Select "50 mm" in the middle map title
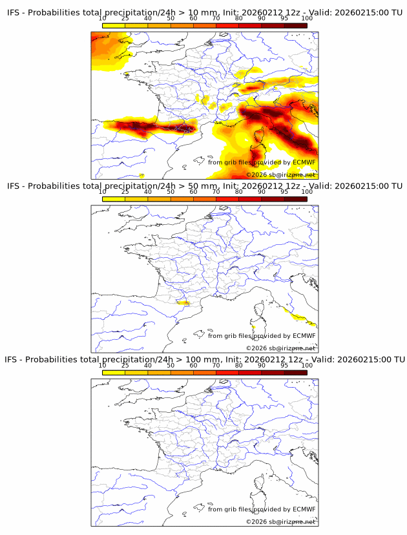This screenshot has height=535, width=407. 200,186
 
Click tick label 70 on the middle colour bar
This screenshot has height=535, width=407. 216,192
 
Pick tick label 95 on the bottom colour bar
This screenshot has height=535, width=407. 284,365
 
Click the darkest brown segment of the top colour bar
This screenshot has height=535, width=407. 295,26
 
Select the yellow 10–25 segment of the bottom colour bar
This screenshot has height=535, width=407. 114,372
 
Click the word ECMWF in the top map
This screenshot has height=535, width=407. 304,163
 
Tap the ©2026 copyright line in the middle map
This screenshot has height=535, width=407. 281,348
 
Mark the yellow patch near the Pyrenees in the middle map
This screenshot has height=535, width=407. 183,302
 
